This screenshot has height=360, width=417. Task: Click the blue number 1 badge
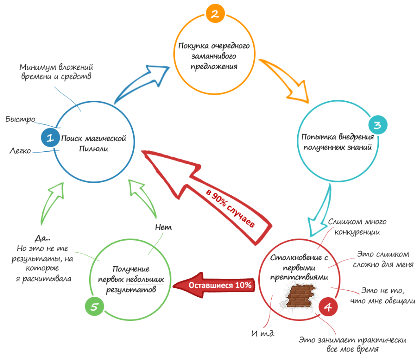[50, 138]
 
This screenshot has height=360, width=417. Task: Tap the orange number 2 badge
[213, 14]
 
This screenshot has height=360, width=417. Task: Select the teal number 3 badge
[377, 125]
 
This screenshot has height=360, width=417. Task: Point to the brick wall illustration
[301, 296]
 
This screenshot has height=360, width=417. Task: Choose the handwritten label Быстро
[20, 119]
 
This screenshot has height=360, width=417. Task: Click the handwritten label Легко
[20, 151]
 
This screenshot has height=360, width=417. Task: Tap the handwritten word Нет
[163, 227]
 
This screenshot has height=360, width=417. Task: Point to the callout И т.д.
[263, 334]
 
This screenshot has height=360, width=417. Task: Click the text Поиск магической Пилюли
[93, 143]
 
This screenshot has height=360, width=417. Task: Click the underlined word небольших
[145, 280]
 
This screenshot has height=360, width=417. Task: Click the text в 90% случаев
[231, 210]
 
